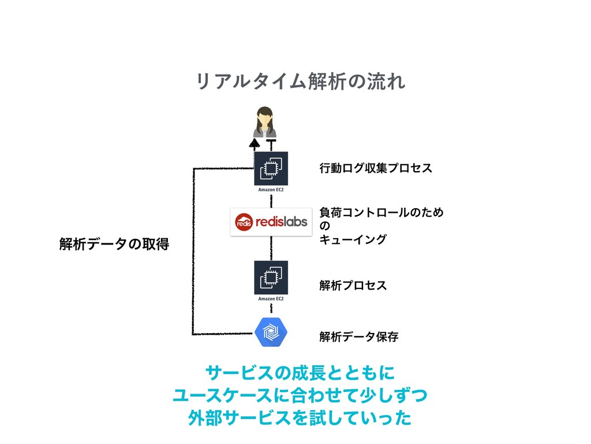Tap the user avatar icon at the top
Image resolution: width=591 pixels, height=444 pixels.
click(265, 122)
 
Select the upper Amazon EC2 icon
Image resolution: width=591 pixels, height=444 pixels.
click(271, 168)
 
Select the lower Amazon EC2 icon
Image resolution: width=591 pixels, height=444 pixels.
click(271, 277)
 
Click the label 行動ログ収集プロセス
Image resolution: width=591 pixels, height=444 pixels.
click(375, 168)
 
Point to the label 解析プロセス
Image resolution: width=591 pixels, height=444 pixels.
click(353, 286)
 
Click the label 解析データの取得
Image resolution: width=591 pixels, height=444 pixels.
click(114, 245)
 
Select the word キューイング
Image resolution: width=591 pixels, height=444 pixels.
click(353, 239)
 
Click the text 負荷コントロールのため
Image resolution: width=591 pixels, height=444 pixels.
click(381, 213)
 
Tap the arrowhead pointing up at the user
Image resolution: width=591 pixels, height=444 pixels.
click(255, 142)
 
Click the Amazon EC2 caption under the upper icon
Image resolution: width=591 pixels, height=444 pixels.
click(271, 189)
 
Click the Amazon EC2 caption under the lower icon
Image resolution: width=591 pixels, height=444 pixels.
click(271, 298)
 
